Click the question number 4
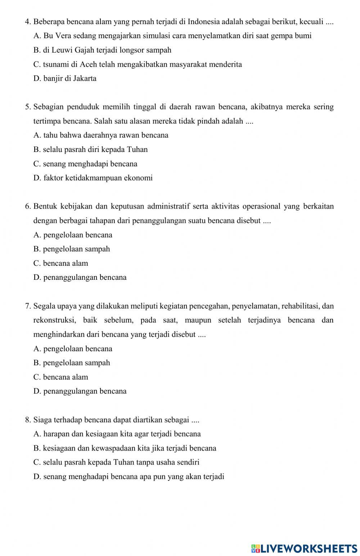point(28,22)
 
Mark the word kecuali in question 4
point(311,22)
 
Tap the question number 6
point(28,206)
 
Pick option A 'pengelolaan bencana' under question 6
point(73,235)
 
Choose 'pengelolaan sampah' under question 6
point(72,249)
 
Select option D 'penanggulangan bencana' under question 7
point(80,391)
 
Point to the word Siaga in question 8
point(42,420)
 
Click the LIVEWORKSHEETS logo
point(304,548)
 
